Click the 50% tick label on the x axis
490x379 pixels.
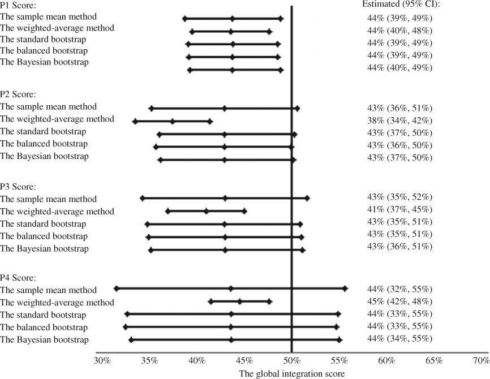[x=292, y=360]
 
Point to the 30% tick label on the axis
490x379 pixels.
[x=102, y=360]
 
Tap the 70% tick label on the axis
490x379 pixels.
[x=481, y=360]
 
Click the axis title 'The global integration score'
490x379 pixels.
[x=291, y=373]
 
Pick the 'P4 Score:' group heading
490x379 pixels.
[x=18, y=278]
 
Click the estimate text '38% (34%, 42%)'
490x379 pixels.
[x=399, y=120]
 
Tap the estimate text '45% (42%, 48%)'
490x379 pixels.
[x=399, y=301]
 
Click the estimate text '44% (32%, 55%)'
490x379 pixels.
[x=399, y=288]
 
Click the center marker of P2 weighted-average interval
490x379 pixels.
[x=173, y=121]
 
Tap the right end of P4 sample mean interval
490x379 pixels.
[x=345, y=288]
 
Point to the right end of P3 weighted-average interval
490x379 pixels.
[x=244, y=211]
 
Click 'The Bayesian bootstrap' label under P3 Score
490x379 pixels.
[x=45, y=248]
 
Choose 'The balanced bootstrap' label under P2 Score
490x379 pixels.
[x=44, y=144]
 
